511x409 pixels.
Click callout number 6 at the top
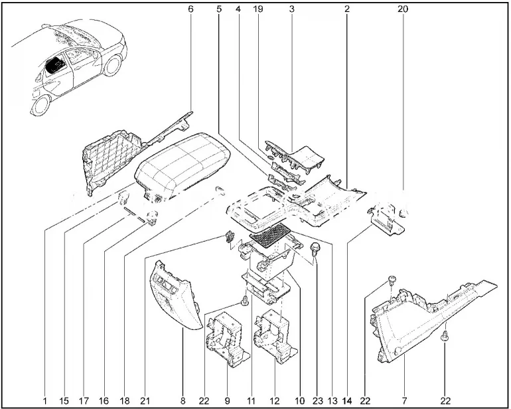[190, 9]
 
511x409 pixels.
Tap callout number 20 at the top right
[403, 9]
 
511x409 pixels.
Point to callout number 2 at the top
[346, 9]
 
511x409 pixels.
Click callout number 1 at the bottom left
[45, 400]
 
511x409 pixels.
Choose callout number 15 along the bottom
[65, 400]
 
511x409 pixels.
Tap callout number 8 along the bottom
[183, 400]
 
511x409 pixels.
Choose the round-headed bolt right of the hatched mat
[317, 249]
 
